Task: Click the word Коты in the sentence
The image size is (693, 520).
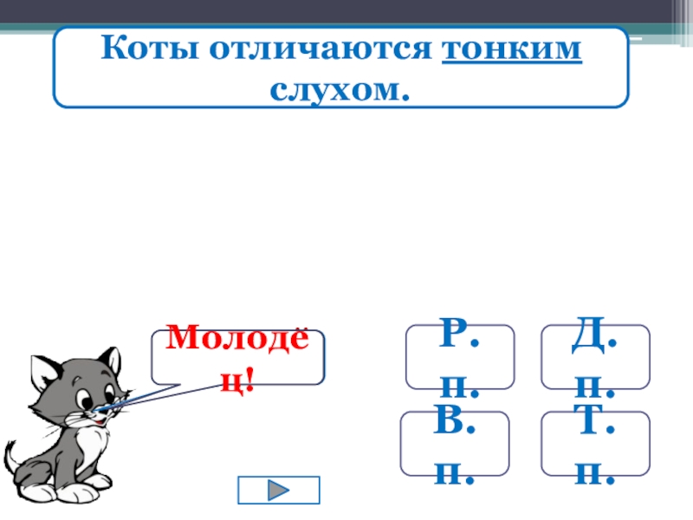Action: click(x=140, y=49)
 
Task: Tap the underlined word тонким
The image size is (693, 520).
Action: click(x=512, y=49)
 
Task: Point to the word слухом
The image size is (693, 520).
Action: click(x=339, y=88)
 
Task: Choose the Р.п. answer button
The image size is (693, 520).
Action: click(x=460, y=356)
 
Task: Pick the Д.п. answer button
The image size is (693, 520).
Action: click(x=595, y=356)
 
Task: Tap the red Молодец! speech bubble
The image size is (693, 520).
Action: click(x=237, y=356)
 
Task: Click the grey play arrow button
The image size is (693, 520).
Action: click(x=278, y=490)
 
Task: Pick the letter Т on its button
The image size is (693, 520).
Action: click(x=586, y=426)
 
